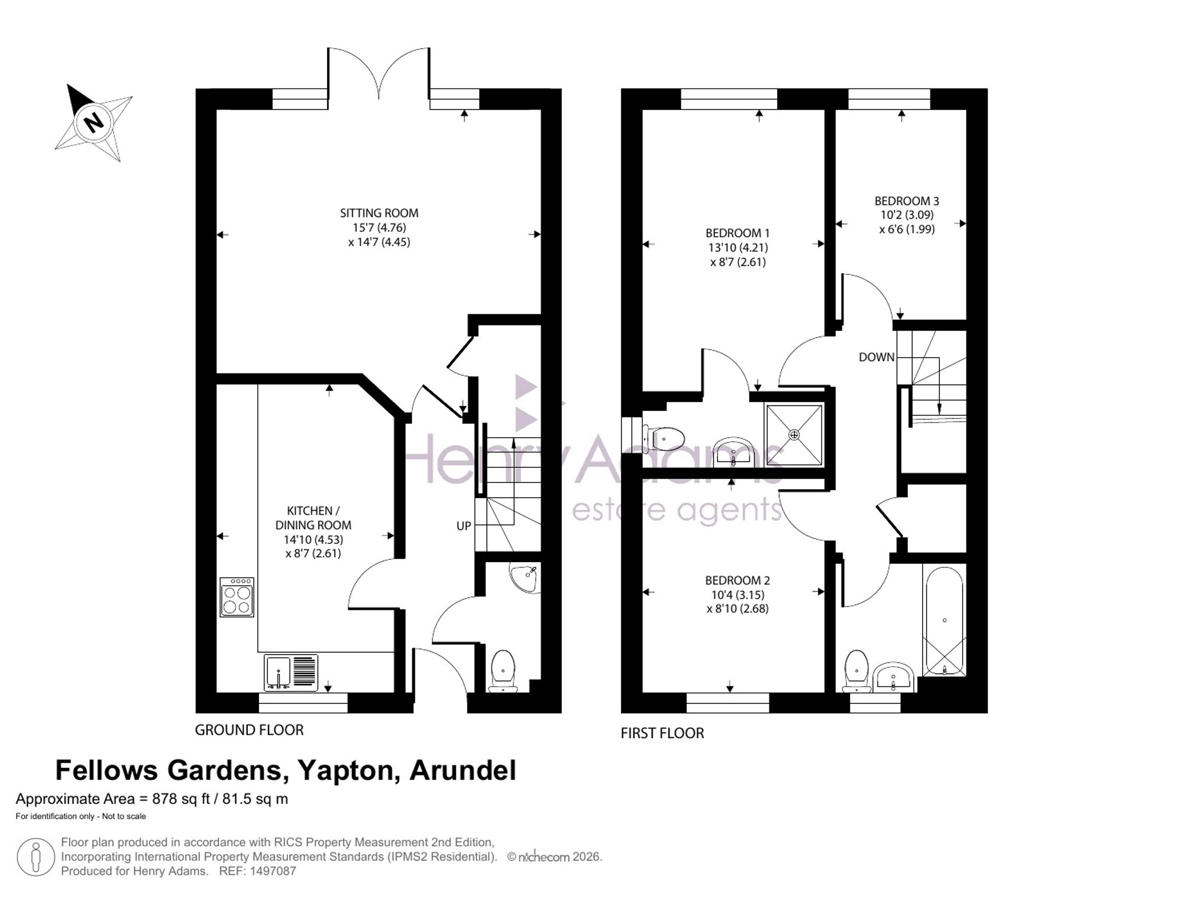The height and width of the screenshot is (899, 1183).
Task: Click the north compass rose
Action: tap(93, 122)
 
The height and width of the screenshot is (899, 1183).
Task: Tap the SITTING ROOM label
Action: tap(379, 213)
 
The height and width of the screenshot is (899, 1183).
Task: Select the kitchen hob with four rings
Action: tap(237, 598)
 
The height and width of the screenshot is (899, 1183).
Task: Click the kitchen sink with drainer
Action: tap(290, 672)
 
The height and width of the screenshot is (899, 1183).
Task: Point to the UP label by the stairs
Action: tap(464, 525)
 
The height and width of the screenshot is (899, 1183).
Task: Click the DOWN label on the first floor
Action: tap(877, 357)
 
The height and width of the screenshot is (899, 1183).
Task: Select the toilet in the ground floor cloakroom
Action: tap(503, 671)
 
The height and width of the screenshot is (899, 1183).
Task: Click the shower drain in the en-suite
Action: tap(794, 435)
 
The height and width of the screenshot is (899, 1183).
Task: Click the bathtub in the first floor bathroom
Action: tap(944, 621)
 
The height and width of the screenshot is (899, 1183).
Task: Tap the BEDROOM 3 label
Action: tap(907, 201)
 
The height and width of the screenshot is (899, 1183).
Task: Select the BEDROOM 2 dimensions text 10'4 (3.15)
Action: tap(737, 595)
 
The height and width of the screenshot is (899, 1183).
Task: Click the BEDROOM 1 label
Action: tap(738, 233)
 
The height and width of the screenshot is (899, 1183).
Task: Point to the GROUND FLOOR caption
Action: tap(249, 730)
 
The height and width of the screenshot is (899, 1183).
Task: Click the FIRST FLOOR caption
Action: tap(662, 733)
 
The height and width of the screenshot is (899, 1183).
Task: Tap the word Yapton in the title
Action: tap(345, 771)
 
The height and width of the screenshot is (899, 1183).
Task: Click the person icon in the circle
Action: tap(35, 857)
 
